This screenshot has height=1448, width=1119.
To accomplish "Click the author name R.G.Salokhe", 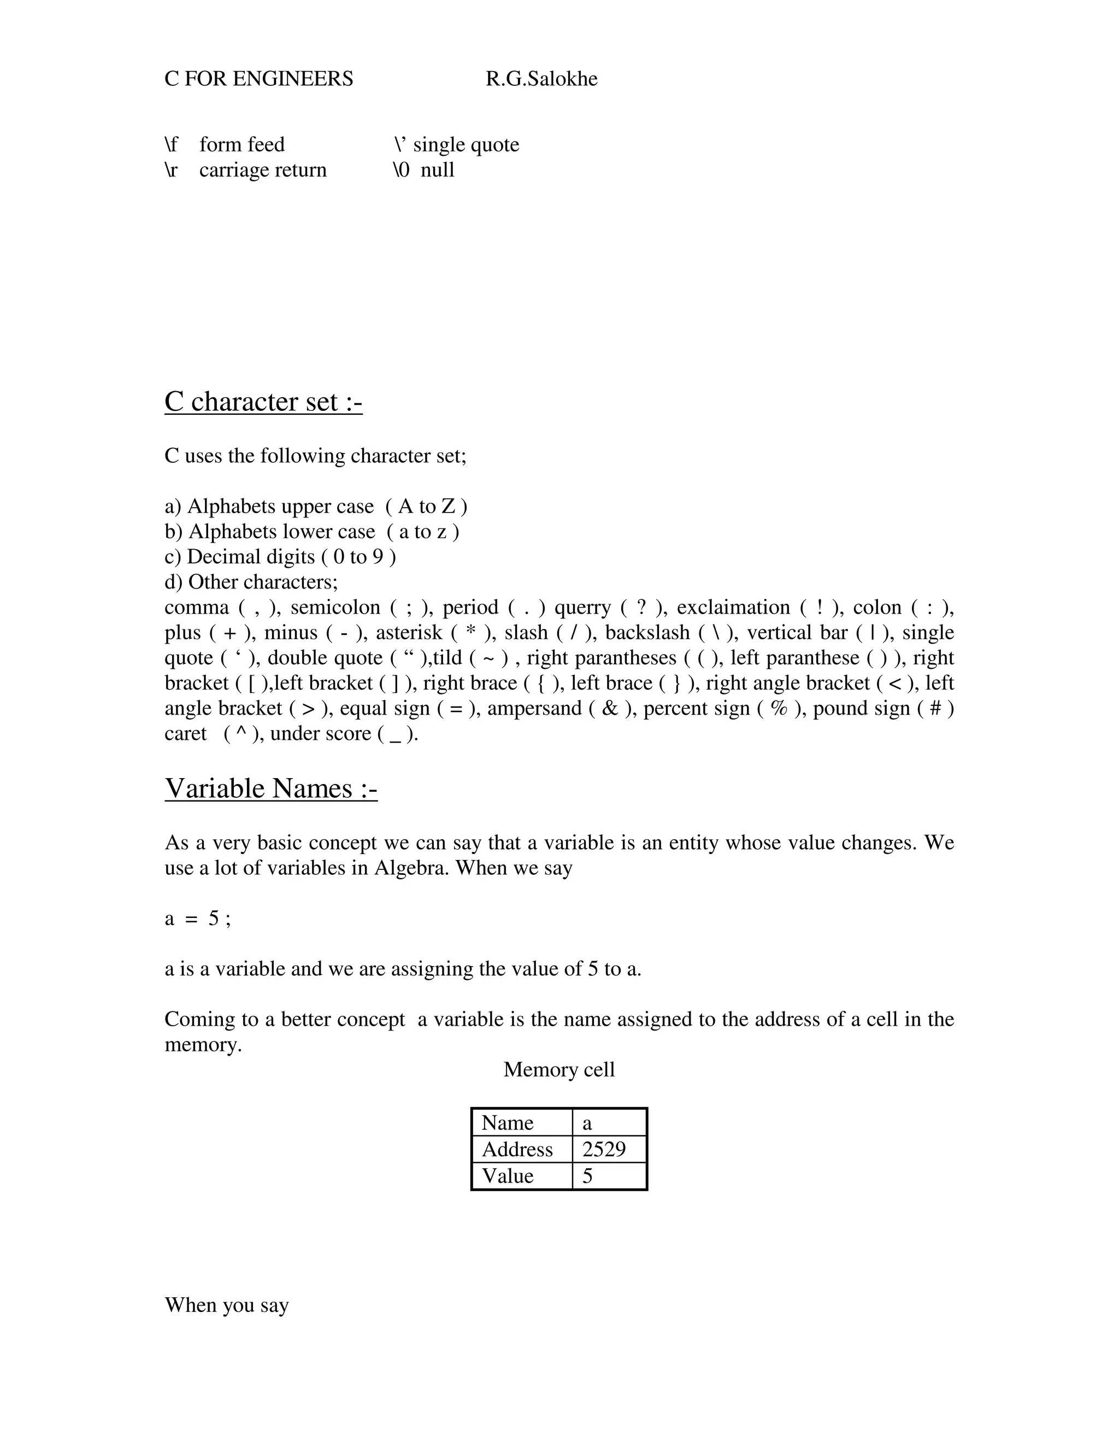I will [541, 79].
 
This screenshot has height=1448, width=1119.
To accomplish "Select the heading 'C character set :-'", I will [263, 402].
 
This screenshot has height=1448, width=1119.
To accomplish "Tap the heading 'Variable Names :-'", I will [270, 788].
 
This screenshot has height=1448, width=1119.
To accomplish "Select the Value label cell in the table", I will [508, 1175].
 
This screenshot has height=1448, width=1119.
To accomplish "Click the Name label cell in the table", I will [507, 1122].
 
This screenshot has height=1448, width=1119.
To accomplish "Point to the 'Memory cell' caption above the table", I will [559, 1069].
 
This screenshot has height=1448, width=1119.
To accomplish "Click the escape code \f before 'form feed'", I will [171, 145].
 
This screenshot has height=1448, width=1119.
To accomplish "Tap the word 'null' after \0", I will [438, 170].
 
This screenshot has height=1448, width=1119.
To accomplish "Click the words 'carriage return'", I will [262, 170].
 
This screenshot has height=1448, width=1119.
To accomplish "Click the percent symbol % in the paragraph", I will [779, 708].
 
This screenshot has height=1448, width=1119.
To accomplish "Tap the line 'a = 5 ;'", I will [198, 919].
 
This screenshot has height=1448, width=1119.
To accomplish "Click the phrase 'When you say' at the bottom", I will [227, 1305].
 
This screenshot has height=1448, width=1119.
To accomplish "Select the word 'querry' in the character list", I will [582, 607].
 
